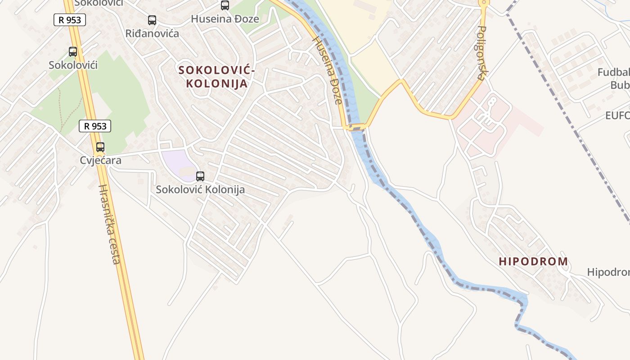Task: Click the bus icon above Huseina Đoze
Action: pos(225,5)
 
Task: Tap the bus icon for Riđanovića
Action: pos(152,20)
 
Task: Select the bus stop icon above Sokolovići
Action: pos(73,52)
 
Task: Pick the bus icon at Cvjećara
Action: pos(100,147)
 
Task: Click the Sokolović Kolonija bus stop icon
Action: pos(200,176)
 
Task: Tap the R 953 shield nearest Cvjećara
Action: pos(95,126)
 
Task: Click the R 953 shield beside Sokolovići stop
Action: pos(70,20)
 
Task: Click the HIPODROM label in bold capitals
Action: pos(533,261)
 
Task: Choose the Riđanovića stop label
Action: pos(152,33)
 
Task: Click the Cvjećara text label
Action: pos(101,160)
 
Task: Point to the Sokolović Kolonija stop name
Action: pos(200,189)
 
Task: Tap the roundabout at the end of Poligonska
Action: pos(484,3)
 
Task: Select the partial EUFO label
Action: pos(617,116)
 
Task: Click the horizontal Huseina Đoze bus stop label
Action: pos(225,19)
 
